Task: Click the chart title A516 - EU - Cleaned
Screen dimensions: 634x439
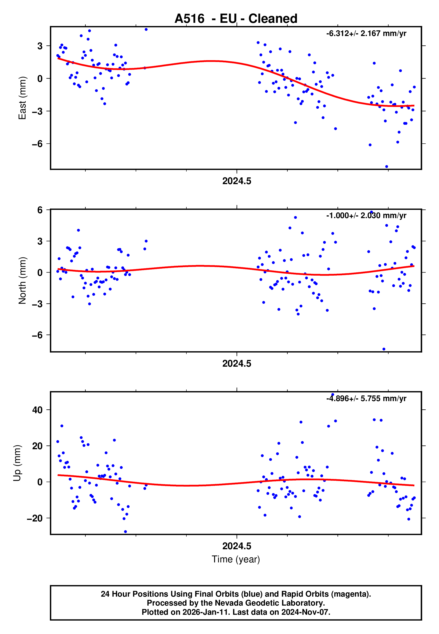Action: [236, 19]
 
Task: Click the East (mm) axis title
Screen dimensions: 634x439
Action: [22, 98]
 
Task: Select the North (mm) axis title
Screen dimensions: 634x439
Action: [22, 281]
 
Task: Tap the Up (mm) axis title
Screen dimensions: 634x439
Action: [17, 463]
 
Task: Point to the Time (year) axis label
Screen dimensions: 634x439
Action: [236, 559]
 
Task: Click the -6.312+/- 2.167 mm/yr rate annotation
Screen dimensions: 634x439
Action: [366, 34]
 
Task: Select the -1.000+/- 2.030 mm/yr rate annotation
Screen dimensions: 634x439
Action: [366, 216]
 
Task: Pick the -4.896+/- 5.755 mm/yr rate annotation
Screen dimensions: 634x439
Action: [366, 398]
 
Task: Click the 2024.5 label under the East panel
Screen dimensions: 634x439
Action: [237, 181]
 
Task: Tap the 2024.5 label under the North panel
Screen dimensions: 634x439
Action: [237, 364]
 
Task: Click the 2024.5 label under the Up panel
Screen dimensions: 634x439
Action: [237, 546]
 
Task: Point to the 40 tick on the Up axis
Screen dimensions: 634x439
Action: [37, 410]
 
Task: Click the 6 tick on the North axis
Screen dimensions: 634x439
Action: [40, 210]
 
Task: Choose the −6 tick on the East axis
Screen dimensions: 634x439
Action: [37, 144]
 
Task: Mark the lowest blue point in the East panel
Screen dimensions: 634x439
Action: [386, 167]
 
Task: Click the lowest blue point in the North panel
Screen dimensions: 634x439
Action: [384, 349]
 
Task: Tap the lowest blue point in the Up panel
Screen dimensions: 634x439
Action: [126, 532]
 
